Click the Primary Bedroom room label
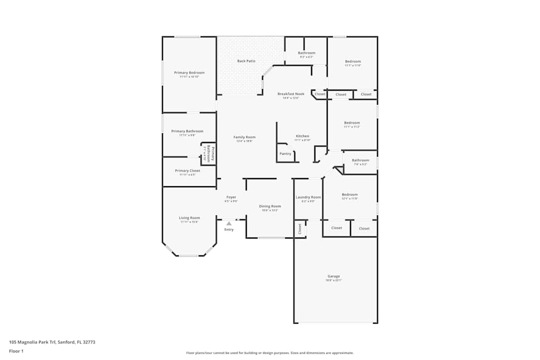point(189,72)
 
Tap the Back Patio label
point(246,61)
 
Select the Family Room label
point(244,137)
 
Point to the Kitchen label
point(302,136)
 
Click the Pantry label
point(285,154)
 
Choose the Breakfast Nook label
point(291,94)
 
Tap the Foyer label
point(231,197)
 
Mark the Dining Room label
point(270,206)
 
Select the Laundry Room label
point(308,197)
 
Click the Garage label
point(333,276)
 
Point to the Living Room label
point(190,218)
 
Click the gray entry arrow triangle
point(229,223)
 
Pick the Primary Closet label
point(187,171)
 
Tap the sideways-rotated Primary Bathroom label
point(210,154)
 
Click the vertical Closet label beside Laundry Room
point(300,229)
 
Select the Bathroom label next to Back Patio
point(306,53)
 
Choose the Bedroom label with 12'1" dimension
point(349,194)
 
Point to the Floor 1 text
point(16,351)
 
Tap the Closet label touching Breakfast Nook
point(320,94)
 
